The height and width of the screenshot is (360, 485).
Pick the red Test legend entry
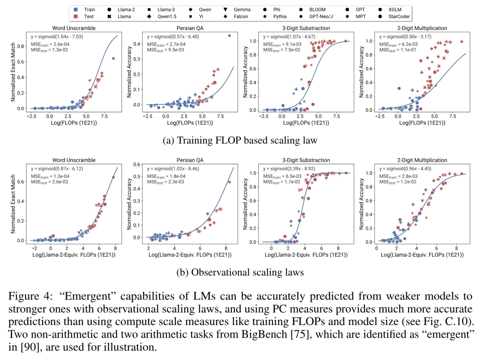tap(89, 17)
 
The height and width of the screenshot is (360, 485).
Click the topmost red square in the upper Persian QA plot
tap(229, 35)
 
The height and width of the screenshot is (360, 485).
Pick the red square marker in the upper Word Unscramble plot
tap(113, 58)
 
